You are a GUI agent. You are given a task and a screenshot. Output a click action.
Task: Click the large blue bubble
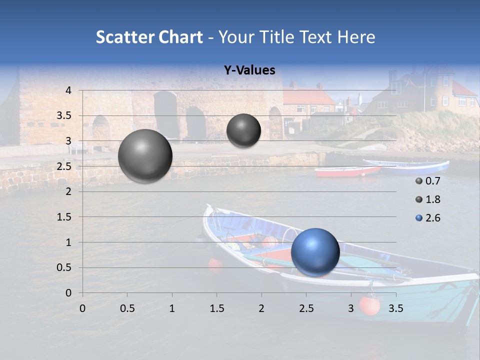(315, 252)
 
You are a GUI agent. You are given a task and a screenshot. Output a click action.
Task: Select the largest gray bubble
(145, 156)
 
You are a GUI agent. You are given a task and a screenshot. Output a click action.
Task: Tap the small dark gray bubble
(243, 130)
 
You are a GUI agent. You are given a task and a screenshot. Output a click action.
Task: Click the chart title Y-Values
(249, 70)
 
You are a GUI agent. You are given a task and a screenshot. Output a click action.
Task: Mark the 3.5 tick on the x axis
(396, 308)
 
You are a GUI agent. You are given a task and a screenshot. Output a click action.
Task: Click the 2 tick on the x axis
(261, 308)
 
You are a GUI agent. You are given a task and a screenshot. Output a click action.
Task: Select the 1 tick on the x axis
(172, 308)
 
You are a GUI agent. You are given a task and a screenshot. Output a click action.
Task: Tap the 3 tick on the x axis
(351, 308)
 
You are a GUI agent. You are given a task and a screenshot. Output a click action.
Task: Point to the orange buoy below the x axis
(369, 305)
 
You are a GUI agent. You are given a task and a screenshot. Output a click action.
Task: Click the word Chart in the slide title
(180, 37)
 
